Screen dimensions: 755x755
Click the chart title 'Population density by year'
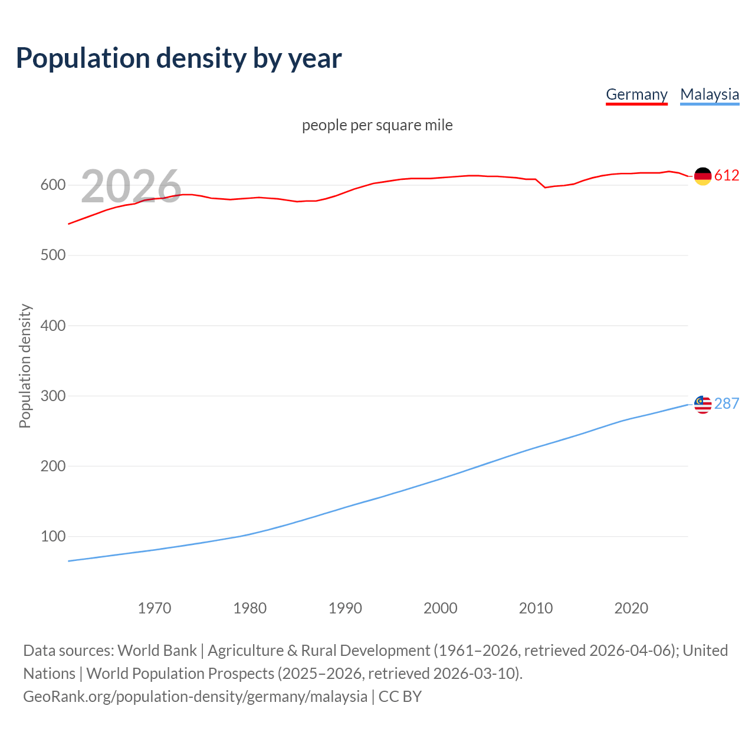coord(179,58)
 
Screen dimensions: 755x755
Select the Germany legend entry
coord(636,94)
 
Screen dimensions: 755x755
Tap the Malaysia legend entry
coord(709,94)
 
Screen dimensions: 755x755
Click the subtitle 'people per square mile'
coord(377,125)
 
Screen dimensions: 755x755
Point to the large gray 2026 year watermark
coord(131,186)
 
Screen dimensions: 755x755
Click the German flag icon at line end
coord(703,176)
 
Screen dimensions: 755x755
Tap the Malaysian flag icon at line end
coord(703,404)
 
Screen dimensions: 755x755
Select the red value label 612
coord(726,176)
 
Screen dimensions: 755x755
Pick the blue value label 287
coord(726,403)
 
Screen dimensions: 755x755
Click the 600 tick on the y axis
coord(52,185)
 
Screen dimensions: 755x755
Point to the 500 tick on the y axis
coord(52,255)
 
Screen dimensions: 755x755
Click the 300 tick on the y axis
coord(52,396)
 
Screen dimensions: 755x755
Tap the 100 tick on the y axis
coord(52,536)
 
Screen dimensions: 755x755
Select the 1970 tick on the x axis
coord(155,608)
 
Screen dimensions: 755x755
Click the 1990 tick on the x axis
coord(345,608)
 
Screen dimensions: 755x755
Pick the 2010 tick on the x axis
coord(536,608)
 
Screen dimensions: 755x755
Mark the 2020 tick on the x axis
coord(631,608)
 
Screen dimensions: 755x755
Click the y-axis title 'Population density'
coord(25,366)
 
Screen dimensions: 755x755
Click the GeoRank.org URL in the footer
coord(195,697)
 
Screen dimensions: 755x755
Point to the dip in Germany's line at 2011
coord(545,188)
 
